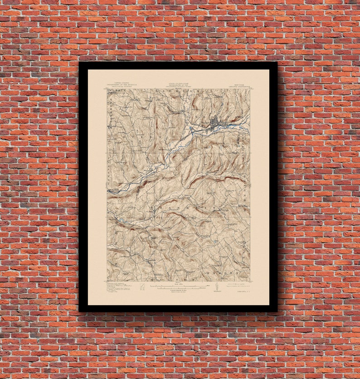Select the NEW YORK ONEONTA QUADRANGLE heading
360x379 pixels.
pyautogui.click(x=240, y=85)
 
